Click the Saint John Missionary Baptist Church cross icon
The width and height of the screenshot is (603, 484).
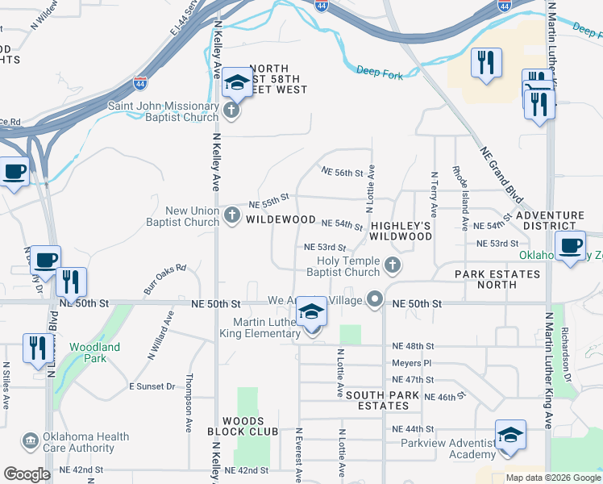pos(232,111)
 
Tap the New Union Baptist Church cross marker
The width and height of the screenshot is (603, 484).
pos(232,215)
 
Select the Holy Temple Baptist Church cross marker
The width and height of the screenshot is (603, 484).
pos(393,265)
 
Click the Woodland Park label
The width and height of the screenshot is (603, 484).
pos(94,353)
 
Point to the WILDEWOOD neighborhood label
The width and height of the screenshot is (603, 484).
pos(281,219)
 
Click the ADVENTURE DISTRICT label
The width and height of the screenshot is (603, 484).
pos(550,221)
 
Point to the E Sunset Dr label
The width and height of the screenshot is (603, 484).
pos(152,386)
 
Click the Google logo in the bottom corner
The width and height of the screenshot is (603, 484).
pos(27,474)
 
